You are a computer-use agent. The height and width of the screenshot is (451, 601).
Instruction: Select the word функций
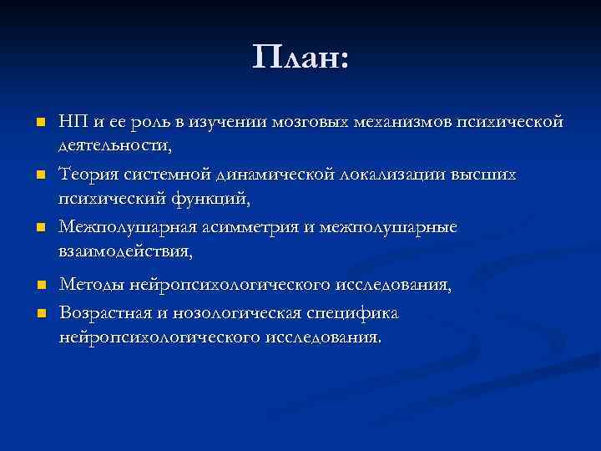pyautogui.click(x=209, y=199)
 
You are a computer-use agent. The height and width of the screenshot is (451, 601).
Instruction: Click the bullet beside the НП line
pyautogui.click(x=38, y=124)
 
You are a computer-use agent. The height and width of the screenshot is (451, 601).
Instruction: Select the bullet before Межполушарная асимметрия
pyautogui.click(x=38, y=227)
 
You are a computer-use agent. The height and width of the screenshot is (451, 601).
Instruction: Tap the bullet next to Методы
pyautogui.click(x=38, y=286)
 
